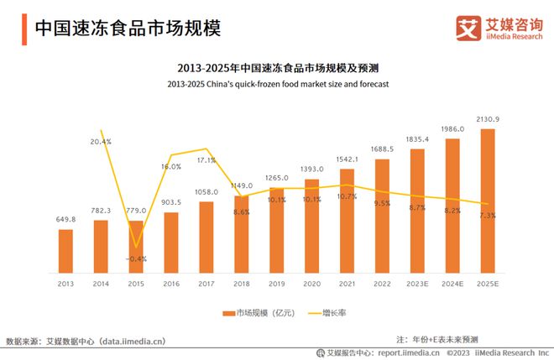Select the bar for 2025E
click(487, 202)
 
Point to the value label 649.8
click(65, 220)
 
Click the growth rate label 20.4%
click(100, 142)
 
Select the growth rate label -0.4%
click(136, 258)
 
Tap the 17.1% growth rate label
click(206, 159)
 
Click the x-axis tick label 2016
click(170, 284)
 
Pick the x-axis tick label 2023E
click(417, 284)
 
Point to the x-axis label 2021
click(347, 284)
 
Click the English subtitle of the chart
click(277, 85)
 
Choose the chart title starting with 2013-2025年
click(277, 67)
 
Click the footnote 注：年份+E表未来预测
click(437, 338)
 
